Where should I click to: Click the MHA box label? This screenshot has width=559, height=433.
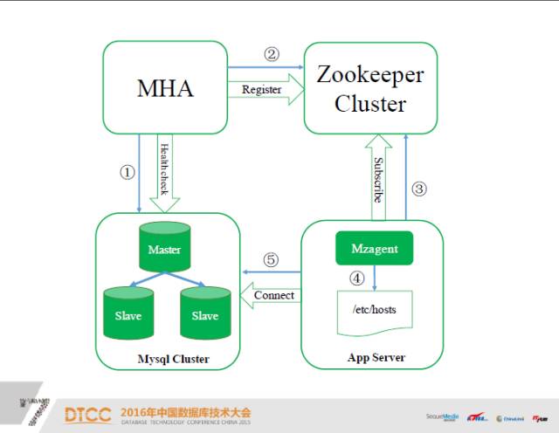(x=165, y=88)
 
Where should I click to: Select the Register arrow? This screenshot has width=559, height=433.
(x=266, y=89)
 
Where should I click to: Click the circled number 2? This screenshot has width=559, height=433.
(x=271, y=54)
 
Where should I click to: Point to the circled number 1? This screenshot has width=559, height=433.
(x=127, y=173)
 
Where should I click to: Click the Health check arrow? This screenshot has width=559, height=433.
(x=163, y=175)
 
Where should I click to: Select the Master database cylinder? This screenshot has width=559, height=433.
(x=163, y=248)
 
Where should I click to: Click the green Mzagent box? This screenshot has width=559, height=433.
(x=375, y=249)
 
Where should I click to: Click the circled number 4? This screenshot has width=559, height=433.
(x=356, y=278)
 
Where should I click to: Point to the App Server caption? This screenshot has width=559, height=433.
(x=376, y=358)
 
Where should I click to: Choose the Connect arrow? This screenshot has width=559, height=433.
(x=272, y=295)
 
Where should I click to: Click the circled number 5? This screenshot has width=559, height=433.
(x=271, y=259)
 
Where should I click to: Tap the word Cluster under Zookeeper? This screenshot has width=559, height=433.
(x=371, y=105)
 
